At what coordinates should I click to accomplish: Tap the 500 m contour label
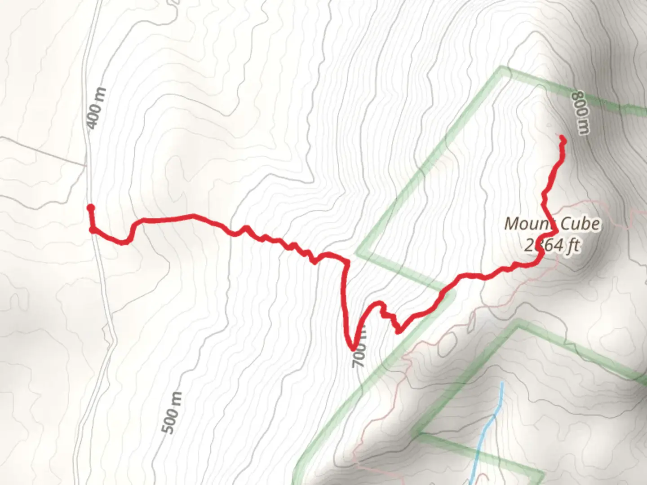(x=173, y=413)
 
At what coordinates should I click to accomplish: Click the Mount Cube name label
(x=552, y=224)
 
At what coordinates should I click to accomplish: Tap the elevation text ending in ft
(x=552, y=246)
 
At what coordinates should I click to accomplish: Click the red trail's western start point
(x=91, y=207)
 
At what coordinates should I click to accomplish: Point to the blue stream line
(x=490, y=427)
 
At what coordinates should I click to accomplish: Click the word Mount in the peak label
(x=528, y=224)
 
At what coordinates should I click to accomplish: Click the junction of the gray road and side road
(x=87, y=165)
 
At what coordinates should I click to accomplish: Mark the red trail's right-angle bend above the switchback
(x=346, y=262)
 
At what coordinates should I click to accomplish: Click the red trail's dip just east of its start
(x=124, y=242)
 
